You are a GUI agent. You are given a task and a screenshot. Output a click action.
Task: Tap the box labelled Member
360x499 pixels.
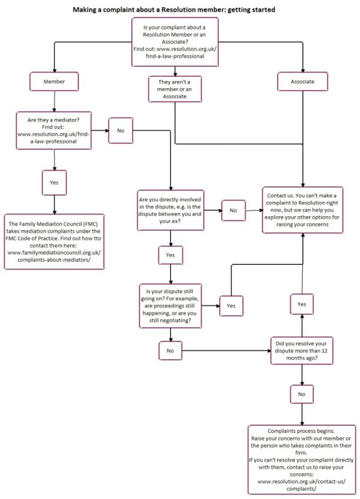click(55, 80)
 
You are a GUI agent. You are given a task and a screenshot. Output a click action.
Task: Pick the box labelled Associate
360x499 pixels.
click(303, 80)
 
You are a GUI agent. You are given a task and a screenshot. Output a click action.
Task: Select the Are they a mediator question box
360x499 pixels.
click(55, 129)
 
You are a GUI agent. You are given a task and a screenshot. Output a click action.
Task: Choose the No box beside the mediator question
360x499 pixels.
click(121, 130)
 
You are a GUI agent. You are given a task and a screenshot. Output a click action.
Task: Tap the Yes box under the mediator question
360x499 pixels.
click(54, 182)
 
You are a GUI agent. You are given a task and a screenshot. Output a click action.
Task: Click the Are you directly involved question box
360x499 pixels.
click(172, 210)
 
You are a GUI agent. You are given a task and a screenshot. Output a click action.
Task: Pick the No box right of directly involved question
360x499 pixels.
click(233, 210)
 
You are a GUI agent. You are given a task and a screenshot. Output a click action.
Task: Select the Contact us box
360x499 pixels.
click(302, 211)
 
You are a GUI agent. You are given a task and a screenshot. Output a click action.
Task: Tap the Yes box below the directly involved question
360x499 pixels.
click(170, 255)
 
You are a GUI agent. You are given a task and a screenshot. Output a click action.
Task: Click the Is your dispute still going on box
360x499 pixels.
click(170, 305)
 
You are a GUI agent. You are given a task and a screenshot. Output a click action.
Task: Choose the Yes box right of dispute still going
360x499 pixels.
click(231, 305)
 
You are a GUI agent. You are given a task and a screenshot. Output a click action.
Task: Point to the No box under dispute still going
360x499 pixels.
click(170, 349)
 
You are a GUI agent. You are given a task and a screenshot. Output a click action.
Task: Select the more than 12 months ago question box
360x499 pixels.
click(302, 349)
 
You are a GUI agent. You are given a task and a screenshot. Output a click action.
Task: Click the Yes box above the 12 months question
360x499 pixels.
click(302, 304)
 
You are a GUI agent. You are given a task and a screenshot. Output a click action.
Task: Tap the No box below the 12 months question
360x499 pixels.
click(302, 394)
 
